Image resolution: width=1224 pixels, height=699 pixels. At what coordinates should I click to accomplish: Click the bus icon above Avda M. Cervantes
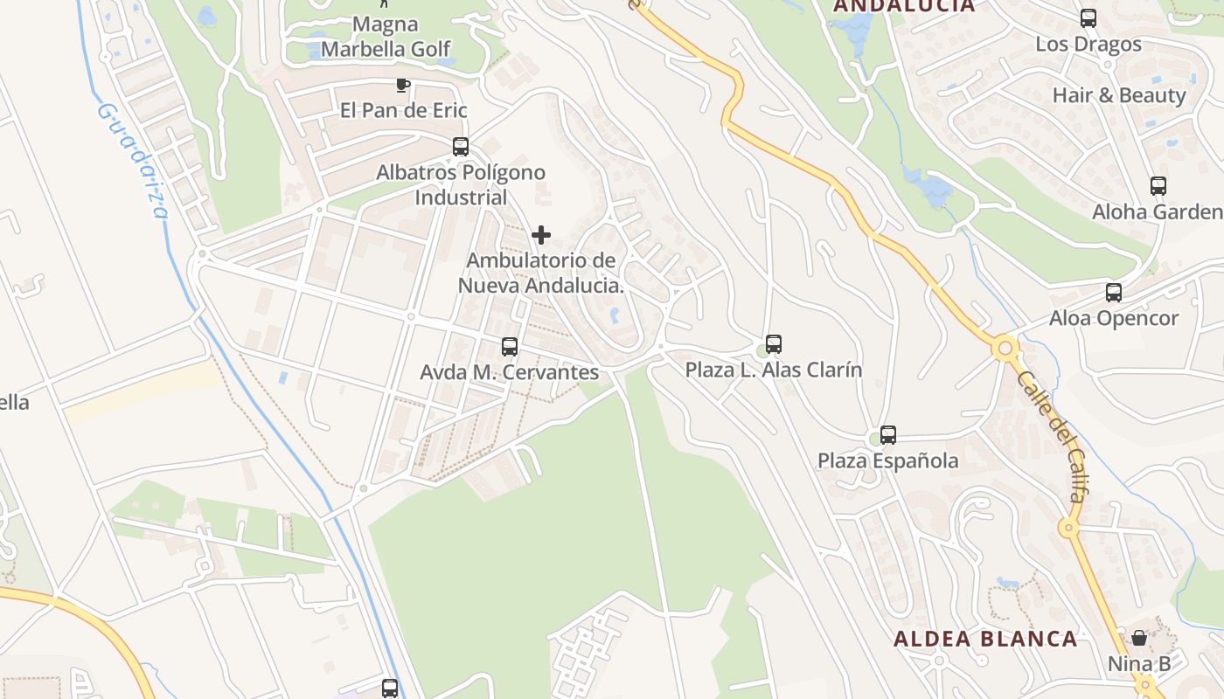click(x=510, y=347)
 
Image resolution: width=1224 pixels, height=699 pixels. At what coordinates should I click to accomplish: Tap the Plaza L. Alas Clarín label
click(x=773, y=370)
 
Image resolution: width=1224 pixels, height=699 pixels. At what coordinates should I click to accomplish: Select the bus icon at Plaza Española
click(x=888, y=434)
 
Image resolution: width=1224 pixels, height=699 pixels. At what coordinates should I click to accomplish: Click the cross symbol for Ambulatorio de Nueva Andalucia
click(x=541, y=235)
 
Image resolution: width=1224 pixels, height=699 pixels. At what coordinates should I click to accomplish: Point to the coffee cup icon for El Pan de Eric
click(x=402, y=85)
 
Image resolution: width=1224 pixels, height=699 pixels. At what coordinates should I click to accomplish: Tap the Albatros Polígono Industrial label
click(x=461, y=185)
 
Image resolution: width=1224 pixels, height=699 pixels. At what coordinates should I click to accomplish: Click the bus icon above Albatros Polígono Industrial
click(x=461, y=147)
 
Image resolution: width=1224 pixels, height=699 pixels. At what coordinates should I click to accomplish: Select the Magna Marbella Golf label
click(x=386, y=37)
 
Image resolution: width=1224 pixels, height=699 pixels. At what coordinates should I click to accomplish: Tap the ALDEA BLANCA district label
click(x=985, y=639)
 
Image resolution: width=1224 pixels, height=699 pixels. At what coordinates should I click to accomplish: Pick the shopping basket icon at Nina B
click(x=1139, y=638)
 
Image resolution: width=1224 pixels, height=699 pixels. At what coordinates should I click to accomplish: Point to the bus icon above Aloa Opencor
click(x=1114, y=293)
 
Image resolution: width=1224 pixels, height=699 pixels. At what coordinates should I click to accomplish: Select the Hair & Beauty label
click(x=1119, y=95)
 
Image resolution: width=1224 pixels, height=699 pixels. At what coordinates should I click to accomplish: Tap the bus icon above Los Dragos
click(x=1088, y=17)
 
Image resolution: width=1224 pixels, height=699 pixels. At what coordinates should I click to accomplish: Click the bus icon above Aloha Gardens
click(x=1158, y=185)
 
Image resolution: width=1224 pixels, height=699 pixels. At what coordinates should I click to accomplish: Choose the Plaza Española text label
click(x=887, y=460)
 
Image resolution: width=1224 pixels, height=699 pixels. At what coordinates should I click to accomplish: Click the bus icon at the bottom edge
click(x=390, y=688)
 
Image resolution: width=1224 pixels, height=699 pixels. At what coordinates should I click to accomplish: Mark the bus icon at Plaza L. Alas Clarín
click(x=773, y=344)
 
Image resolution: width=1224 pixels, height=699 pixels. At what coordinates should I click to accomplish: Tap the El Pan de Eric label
click(x=403, y=110)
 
